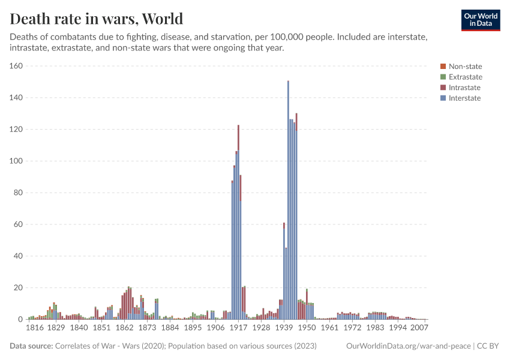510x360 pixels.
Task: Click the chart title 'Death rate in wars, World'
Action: click(x=97, y=19)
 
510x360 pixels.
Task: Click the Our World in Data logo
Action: click(x=480, y=20)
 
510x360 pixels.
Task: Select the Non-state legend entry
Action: click(x=465, y=67)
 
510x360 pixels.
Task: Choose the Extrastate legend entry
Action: click(x=465, y=77)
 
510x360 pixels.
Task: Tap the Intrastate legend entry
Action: click(x=464, y=88)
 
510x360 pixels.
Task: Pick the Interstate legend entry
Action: click(x=464, y=98)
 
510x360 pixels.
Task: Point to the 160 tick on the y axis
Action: click(x=16, y=66)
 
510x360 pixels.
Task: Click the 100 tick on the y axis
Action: click(x=16, y=161)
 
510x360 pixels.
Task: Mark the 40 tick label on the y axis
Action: click(x=18, y=256)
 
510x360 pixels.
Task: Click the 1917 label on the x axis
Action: click(x=238, y=328)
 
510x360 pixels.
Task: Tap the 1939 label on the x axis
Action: click(x=284, y=328)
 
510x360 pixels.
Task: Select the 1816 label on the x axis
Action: click(x=35, y=328)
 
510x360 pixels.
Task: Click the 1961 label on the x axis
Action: click(x=329, y=328)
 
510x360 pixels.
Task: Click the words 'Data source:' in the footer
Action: click(x=31, y=346)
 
